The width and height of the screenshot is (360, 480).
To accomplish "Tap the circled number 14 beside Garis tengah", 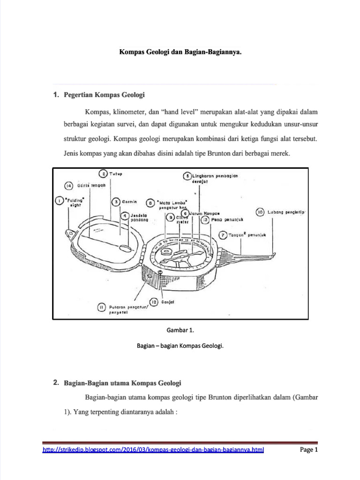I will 68,186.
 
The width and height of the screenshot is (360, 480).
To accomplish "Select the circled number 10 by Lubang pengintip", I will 260,212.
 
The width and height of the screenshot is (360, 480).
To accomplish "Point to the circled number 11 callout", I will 101,307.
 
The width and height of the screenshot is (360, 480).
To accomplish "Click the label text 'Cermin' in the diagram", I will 129,202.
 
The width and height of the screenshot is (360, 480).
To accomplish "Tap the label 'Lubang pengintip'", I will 287,212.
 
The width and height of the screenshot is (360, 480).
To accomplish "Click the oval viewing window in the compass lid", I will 125,247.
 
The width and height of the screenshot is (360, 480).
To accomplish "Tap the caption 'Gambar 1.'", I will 180,330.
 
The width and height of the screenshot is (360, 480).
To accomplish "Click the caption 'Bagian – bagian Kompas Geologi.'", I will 180,346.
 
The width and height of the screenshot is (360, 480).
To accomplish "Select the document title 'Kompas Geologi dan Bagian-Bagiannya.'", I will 180,52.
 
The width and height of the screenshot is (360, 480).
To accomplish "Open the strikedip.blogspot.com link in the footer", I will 153,450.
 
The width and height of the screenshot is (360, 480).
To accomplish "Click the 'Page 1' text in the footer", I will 309,450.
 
